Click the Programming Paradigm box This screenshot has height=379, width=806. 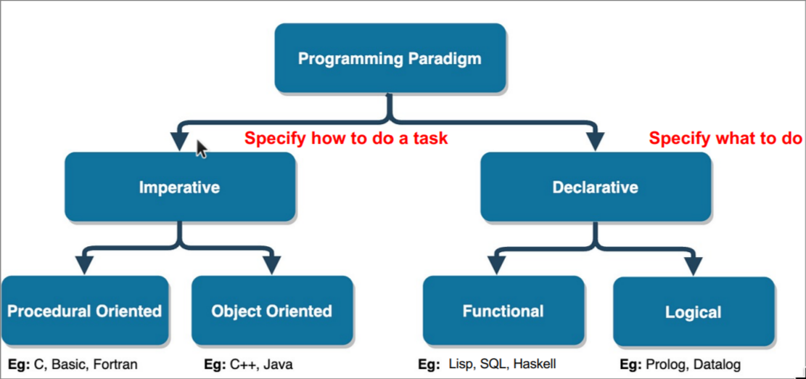(390, 57)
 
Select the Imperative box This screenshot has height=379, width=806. (180, 187)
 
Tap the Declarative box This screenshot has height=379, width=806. (596, 187)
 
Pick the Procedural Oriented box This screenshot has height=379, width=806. (85, 311)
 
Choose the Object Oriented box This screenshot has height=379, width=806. (272, 311)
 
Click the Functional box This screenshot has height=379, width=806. (503, 311)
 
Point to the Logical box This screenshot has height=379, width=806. (694, 311)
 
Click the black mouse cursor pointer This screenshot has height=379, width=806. (202, 149)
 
